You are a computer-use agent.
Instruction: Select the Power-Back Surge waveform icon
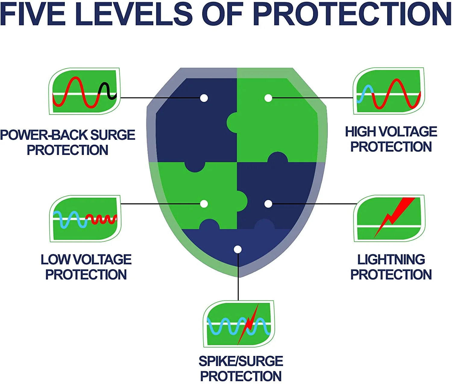[85, 91]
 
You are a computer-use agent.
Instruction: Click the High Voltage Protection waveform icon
[389, 91]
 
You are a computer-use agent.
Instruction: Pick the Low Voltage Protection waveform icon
[85, 219]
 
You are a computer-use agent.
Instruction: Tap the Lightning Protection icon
[389, 218]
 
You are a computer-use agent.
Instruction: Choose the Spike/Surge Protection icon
[239, 324]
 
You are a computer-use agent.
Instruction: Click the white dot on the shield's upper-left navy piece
[204, 98]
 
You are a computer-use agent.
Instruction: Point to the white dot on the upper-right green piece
[268, 98]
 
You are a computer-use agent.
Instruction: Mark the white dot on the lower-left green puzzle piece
[204, 204]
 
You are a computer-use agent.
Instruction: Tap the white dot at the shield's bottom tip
[238, 250]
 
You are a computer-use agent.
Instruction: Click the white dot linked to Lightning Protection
[268, 204]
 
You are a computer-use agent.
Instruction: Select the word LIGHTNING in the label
[391, 260]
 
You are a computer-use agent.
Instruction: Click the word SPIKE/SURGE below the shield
[241, 361]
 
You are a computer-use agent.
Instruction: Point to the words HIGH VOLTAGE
[391, 132]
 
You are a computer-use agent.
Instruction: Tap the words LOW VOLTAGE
[86, 260]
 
